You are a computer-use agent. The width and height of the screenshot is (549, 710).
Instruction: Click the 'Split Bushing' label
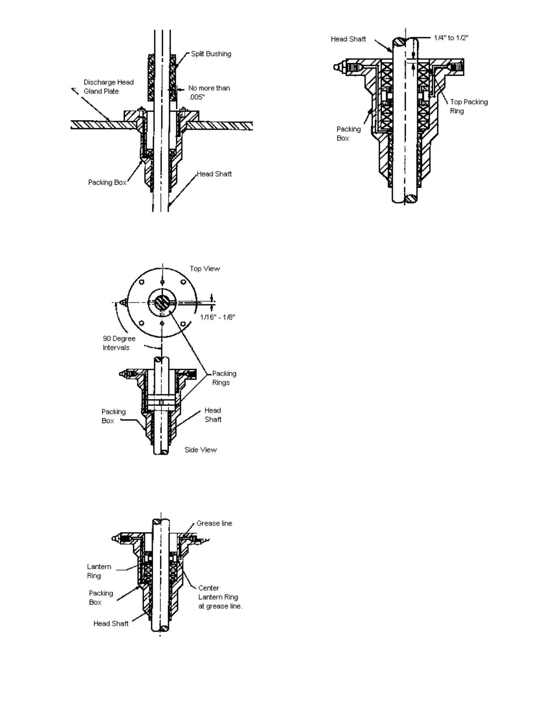[x=211, y=54]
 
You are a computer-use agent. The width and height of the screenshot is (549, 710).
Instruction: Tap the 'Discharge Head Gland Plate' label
[x=109, y=87]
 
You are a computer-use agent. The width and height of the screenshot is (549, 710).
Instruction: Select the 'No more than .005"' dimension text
[x=209, y=92]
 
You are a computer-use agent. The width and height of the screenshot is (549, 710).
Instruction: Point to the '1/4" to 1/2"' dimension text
[x=451, y=38]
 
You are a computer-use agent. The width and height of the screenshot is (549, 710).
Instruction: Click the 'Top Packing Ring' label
[x=469, y=106]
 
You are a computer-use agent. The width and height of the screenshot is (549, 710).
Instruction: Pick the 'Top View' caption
[x=205, y=268]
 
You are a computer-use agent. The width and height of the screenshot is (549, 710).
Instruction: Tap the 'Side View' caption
[x=200, y=450]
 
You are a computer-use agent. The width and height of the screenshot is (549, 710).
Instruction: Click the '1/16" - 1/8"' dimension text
[x=218, y=317]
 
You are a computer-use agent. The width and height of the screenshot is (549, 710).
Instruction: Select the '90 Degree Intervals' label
[x=119, y=343]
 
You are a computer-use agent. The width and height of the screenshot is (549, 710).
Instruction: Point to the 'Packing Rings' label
[x=224, y=378]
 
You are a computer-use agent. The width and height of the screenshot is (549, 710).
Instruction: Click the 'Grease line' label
[x=214, y=523]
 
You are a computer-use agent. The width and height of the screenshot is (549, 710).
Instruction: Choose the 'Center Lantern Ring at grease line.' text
[x=220, y=597]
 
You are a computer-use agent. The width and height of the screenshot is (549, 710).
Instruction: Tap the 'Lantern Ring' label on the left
[x=99, y=571]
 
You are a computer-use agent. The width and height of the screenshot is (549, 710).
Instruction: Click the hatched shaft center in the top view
[x=162, y=303]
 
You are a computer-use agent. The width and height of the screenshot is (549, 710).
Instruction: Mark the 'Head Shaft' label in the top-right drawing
[x=348, y=39]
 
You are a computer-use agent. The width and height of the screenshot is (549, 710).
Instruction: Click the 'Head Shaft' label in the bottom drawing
[x=111, y=623]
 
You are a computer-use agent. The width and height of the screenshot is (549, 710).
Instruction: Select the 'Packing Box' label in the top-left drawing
[x=107, y=182]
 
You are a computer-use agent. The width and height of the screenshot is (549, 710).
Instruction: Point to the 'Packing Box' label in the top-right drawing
[x=349, y=134]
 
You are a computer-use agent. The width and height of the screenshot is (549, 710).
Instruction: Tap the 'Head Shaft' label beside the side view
[x=213, y=415]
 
